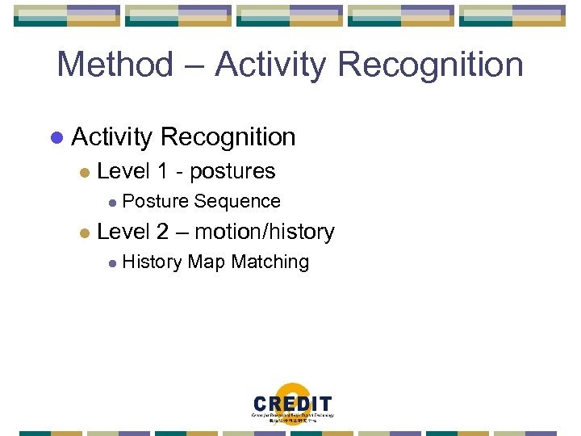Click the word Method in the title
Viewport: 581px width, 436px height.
pos(115,65)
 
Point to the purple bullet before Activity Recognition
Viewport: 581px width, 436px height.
pos(56,138)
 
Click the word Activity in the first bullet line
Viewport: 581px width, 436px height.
pos(111,137)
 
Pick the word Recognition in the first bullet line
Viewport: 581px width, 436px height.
pos(228,137)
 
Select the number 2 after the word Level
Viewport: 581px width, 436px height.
pos(162,232)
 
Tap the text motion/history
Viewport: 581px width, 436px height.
pos(265,233)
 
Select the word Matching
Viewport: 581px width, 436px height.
pos(270,262)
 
